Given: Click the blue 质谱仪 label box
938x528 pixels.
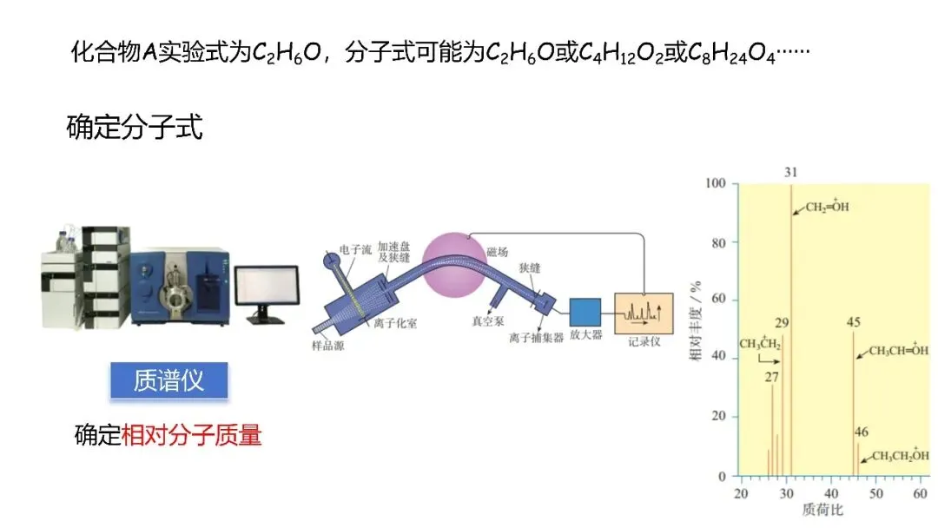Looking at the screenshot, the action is pyautogui.click(x=168, y=381).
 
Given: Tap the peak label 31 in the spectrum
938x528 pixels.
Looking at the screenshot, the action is pyautogui.click(x=790, y=173).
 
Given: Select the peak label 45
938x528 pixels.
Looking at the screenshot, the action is pyautogui.click(x=853, y=323).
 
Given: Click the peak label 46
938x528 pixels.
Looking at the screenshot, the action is pyautogui.click(x=861, y=432).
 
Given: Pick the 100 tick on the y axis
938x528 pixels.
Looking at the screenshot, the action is pyautogui.click(x=716, y=184).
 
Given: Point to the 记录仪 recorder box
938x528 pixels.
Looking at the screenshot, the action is pyautogui.click(x=643, y=313).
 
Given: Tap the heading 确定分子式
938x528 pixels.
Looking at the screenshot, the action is pyautogui.click(x=135, y=128).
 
